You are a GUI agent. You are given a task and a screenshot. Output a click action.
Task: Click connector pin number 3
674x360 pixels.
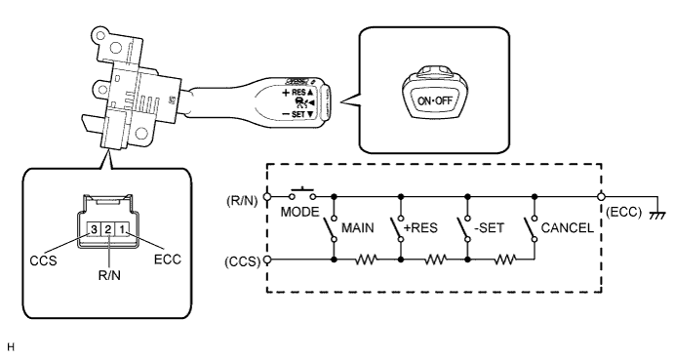point(93,228)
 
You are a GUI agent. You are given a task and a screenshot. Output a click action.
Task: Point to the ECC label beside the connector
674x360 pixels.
point(166,261)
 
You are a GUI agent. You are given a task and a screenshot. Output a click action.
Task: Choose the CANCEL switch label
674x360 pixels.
point(569,227)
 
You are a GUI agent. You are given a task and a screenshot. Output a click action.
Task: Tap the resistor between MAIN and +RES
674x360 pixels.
point(367,260)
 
